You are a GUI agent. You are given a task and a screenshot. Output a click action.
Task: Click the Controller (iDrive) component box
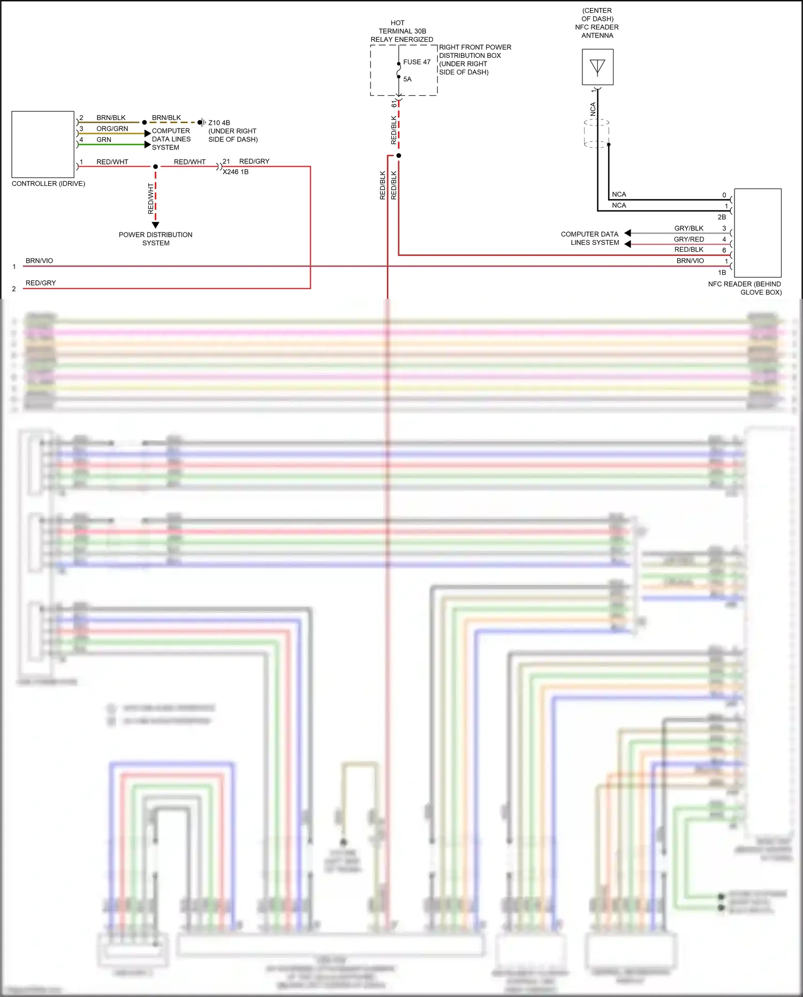43,144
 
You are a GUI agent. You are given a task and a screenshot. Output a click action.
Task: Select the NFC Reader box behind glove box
757,233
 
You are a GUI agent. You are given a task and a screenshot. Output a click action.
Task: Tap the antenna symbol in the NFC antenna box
597,68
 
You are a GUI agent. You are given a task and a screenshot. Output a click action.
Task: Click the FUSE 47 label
416,62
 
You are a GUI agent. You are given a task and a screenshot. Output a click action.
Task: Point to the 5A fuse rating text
407,79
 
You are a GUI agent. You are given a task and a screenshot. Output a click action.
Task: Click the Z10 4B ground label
219,123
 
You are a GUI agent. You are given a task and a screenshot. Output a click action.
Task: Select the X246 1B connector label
236,172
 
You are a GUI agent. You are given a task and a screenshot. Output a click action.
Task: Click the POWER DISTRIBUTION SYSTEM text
155,239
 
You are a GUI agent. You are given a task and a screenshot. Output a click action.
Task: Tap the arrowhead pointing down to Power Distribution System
155,225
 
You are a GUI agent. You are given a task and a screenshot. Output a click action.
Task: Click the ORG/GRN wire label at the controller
112,129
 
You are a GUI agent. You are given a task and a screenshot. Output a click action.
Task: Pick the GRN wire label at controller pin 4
104,140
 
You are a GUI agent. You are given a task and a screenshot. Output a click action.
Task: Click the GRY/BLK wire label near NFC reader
688,228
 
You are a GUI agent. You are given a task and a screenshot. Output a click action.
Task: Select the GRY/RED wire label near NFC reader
688,239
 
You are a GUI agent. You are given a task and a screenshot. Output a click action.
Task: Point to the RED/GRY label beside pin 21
254,161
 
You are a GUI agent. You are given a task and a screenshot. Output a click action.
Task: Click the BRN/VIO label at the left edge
39,261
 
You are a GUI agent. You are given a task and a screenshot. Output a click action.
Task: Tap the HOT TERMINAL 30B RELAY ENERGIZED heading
402,31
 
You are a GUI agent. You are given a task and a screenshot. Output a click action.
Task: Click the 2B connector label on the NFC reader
722,217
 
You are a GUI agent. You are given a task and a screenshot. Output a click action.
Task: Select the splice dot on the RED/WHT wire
156,167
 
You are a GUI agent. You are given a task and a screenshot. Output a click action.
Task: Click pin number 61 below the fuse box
394,103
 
